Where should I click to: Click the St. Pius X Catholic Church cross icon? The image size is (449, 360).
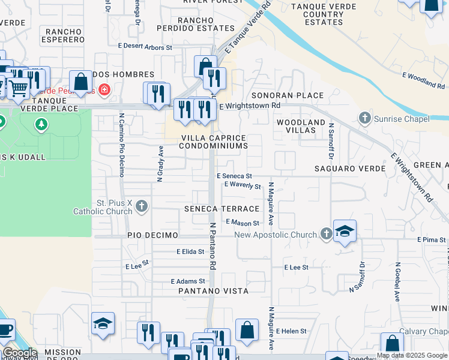coord(141,207)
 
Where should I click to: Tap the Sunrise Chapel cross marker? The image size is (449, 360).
coord(365,119)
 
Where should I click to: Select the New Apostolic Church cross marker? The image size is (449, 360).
coord(326,233)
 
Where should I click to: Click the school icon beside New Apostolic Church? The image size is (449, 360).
coord(345,231)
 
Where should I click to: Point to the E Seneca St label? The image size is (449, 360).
coord(234,176)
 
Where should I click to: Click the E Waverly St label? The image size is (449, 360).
coord(243,186)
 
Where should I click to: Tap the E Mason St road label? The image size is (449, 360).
coord(243,222)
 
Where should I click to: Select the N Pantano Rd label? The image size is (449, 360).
coord(212,247)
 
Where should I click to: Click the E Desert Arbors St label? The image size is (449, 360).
coord(145,47)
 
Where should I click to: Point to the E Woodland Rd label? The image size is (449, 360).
coord(422,77)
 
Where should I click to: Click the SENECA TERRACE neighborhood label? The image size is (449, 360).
coord(221,209)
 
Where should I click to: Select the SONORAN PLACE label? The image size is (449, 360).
coord(288,95)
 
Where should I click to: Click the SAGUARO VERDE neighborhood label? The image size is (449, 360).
coord(350,169)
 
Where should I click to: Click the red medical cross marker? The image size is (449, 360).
coord(104,90)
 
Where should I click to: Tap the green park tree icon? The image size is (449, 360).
coord(41,125)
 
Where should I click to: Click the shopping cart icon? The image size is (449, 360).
coord(19,88)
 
